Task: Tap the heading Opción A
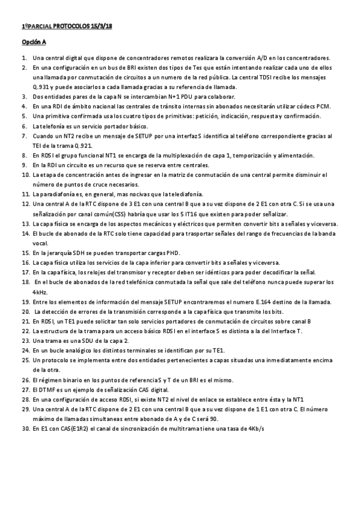[34, 43]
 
